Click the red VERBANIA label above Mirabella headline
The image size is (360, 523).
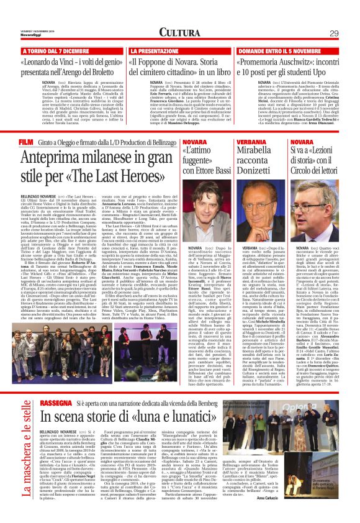[x=251, y=142]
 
